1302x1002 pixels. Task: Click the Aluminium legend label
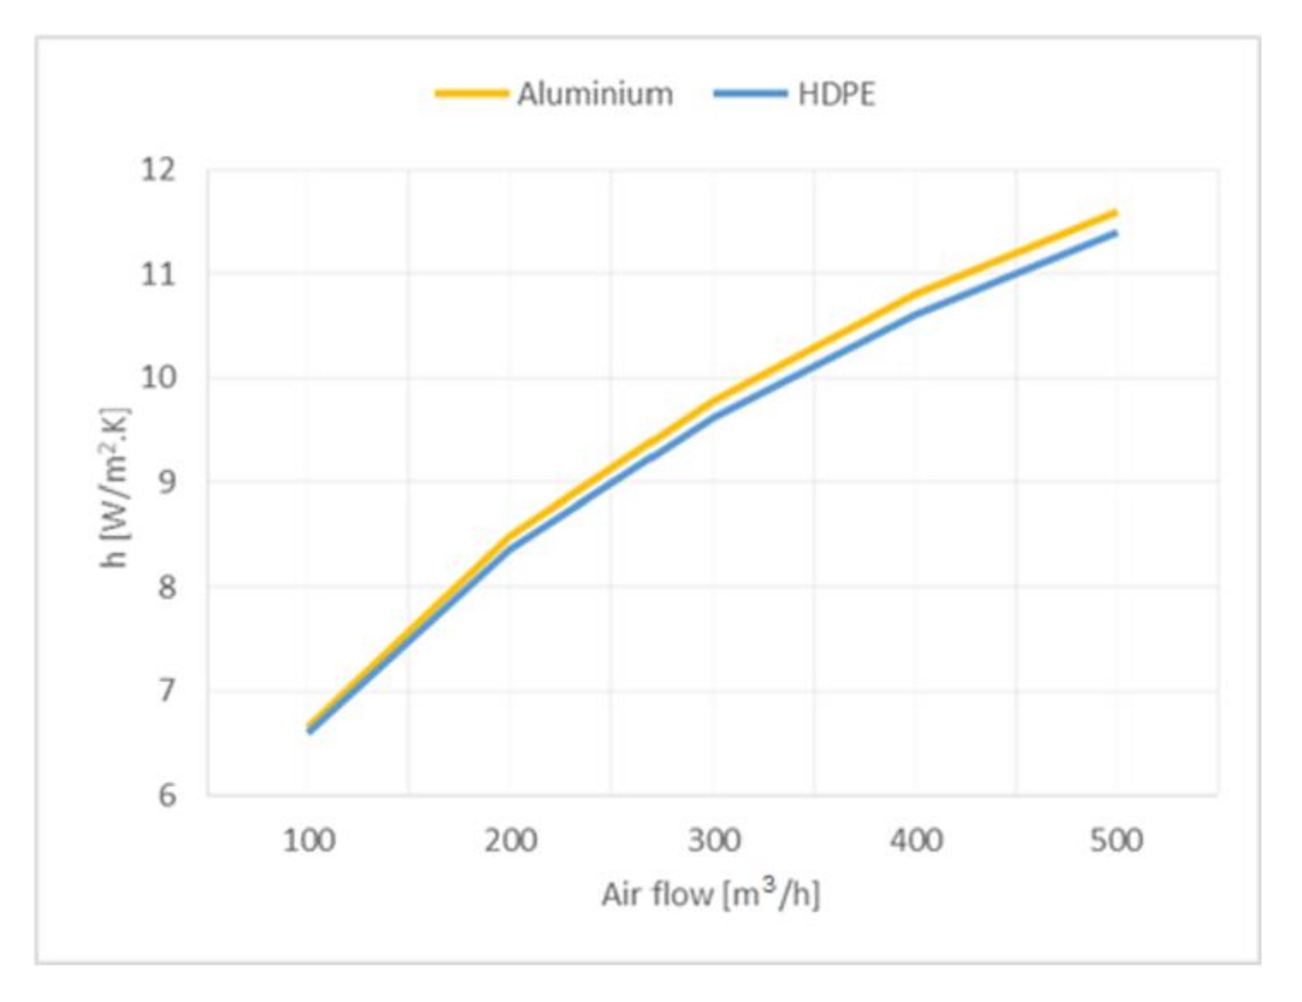pyautogui.click(x=595, y=94)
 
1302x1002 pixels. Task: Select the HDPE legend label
pyautogui.click(x=836, y=94)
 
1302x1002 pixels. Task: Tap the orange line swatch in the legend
pyautogui.click(x=471, y=94)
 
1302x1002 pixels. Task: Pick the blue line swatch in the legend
pyautogui.click(x=750, y=94)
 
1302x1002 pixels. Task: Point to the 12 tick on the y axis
pyautogui.click(x=158, y=170)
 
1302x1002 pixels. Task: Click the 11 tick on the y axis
pyautogui.click(x=158, y=275)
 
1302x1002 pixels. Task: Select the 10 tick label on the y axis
pyautogui.click(x=158, y=378)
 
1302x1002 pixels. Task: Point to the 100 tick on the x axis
pyautogui.click(x=308, y=841)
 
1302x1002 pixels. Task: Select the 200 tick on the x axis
pyautogui.click(x=511, y=841)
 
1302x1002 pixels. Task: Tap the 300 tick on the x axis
pyautogui.click(x=713, y=841)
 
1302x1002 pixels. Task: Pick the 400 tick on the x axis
pyautogui.click(x=916, y=841)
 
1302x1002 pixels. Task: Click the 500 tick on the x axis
pyautogui.click(x=1116, y=841)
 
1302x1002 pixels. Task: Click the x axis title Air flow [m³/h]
pyautogui.click(x=710, y=894)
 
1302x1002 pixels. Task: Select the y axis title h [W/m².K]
pyautogui.click(x=114, y=488)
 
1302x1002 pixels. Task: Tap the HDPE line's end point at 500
pyautogui.click(x=1116, y=233)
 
